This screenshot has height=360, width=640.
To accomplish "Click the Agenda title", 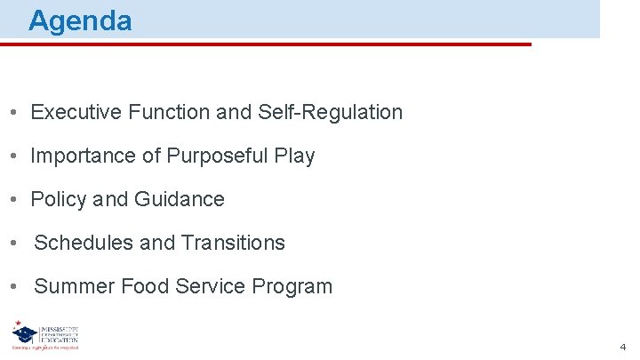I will point(80,20).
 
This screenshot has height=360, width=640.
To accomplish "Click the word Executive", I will point(76,112).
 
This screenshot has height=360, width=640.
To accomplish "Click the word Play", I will point(295,156).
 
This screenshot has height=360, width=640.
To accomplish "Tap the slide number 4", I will point(623,347).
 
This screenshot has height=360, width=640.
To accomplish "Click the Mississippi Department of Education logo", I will point(46,336).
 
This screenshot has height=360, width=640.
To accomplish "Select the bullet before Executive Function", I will point(15,113).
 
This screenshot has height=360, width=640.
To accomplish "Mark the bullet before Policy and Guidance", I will point(15,200).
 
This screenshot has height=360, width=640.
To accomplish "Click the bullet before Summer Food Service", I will point(15,287).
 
